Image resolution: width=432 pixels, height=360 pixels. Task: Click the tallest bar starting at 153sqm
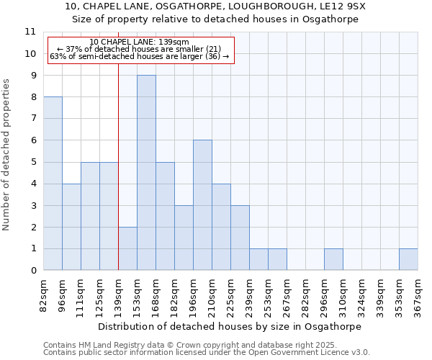pos(146,173)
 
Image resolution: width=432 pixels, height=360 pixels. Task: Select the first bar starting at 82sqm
pos(53,184)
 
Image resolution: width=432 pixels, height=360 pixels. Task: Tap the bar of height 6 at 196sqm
pos(202,205)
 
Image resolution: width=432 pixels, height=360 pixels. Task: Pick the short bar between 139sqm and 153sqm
pos(127,248)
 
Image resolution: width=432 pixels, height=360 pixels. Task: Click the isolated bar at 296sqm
pos(333,260)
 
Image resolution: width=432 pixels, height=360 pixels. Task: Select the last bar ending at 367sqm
pos(408,260)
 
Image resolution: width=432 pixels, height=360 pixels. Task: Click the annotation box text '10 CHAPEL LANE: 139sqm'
pos(140,42)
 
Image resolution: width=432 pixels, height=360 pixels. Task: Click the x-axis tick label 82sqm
pos(44,295)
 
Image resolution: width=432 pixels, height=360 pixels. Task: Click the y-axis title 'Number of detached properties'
pos(7,155)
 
